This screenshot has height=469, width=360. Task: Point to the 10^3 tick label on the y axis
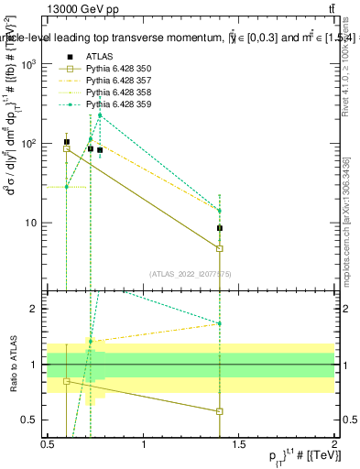coord(29,64)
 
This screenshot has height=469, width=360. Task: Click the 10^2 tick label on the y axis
coord(29,144)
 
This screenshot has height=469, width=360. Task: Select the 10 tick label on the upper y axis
coord(32,223)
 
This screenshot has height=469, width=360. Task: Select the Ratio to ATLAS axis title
coord(11,365)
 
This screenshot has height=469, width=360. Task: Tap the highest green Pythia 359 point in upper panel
coord(100,115)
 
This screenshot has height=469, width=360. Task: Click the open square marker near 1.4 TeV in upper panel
coord(220,248)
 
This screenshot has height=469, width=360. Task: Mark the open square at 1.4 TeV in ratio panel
coord(220,411)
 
